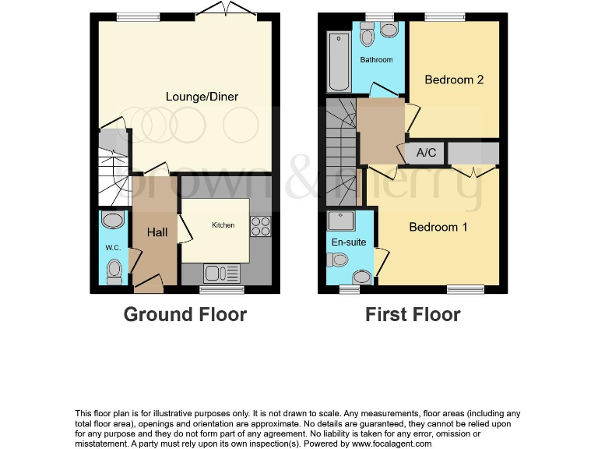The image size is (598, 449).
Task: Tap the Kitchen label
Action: click(223, 225)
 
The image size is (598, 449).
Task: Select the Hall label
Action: click(157, 232)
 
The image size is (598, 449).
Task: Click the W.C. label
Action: click(112, 249)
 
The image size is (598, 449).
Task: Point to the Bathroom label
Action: click(376, 60)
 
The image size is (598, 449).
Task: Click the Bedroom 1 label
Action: click(438, 227)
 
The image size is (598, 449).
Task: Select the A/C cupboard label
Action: click(426, 153)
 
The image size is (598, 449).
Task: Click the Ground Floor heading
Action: click(185, 315)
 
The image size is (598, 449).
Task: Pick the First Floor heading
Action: click(413, 315)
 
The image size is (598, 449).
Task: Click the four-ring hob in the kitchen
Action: click(260, 225)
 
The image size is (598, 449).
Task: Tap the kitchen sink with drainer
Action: click(221, 273)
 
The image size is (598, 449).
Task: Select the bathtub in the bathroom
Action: click(339, 62)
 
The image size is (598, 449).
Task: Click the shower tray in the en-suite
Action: click(341, 222)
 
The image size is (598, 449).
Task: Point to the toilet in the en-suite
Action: click(361, 276)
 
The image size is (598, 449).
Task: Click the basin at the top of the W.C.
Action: click(113, 220)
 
